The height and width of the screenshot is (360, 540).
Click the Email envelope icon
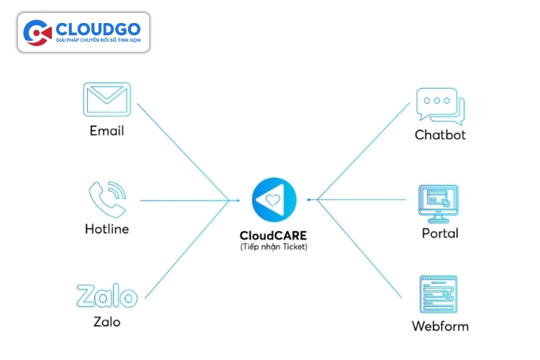(106, 99)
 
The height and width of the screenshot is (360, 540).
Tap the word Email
(107, 131)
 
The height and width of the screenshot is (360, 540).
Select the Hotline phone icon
(107, 199)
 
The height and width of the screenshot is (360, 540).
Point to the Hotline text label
(107, 230)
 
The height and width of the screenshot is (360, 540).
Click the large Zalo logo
(107, 296)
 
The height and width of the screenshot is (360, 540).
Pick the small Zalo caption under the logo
(107, 322)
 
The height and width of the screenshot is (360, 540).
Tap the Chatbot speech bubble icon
(440, 107)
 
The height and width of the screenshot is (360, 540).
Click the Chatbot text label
(440, 135)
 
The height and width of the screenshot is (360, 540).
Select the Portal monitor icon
(439, 204)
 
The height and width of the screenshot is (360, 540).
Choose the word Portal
(440, 233)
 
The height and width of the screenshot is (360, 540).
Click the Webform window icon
(439, 295)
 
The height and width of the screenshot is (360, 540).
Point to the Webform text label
(440, 326)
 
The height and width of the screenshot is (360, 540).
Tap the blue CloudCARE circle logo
(274, 199)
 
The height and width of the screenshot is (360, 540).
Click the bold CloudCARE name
(274, 235)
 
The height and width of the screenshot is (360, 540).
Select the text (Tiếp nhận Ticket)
(274, 247)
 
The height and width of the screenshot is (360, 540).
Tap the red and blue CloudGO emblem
(37, 32)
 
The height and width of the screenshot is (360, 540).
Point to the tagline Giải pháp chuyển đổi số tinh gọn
(98, 41)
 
